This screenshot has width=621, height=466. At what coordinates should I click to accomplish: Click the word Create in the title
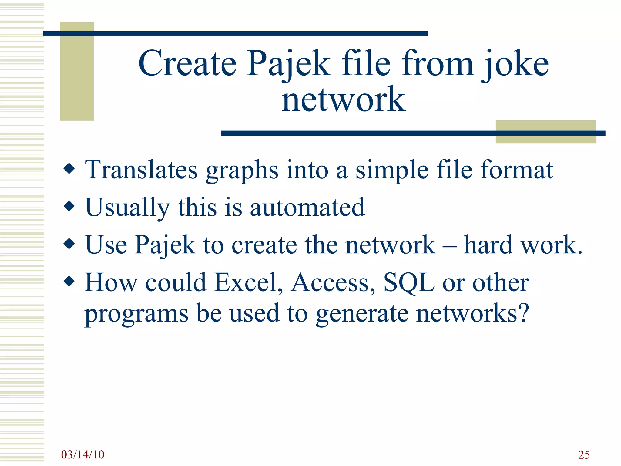tap(187, 63)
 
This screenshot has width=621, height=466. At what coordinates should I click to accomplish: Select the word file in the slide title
tap(366, 63)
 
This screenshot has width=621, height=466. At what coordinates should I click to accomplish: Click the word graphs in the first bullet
tap(242, 171)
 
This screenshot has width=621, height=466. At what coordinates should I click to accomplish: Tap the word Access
tap(333, 282)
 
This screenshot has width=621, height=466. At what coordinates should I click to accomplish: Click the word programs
tap(136, 314)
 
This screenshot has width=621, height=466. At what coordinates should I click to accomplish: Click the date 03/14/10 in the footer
tap(82, 454)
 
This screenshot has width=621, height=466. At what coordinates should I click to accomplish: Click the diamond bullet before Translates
tap(69, 169)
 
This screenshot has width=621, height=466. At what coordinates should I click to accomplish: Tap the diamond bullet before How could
tap(69, 281)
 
